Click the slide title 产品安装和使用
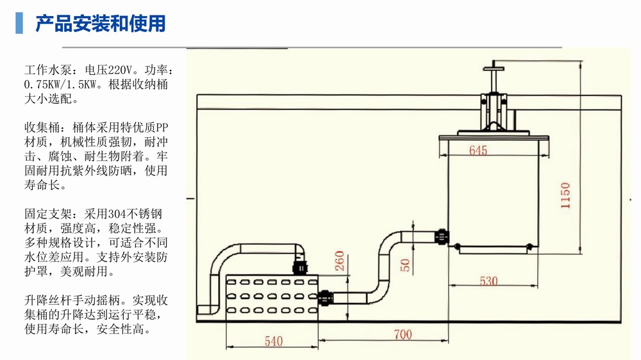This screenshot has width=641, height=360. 101,24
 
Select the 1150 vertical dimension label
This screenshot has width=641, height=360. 565,195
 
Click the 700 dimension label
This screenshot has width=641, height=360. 403,334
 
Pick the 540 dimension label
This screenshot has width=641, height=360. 274,341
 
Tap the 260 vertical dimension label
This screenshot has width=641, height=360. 340,261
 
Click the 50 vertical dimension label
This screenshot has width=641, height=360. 405,264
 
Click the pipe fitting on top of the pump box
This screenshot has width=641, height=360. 298,266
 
